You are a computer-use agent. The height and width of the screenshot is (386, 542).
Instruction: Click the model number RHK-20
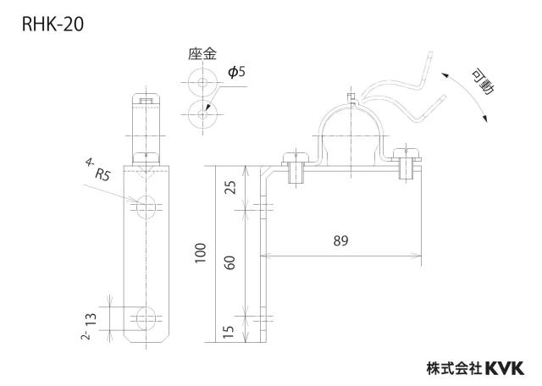tap(53, 25)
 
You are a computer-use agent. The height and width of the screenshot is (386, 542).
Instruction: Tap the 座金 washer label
tap(202, 54)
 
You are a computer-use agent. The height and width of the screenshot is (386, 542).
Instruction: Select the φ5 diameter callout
tap(237, 72)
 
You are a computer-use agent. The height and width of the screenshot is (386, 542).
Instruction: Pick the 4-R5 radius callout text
tap(97, 169)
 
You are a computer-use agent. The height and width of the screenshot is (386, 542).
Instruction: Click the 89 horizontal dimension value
tap(340, 241)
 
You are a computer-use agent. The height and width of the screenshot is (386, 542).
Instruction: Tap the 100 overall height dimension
tap(201, 253)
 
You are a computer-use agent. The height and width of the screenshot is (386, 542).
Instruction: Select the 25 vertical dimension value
tap(230, 187)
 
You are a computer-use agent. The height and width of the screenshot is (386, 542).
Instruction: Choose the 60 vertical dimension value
tap(230, 262)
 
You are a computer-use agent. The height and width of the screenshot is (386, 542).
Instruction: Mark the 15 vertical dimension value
tap(229, 332)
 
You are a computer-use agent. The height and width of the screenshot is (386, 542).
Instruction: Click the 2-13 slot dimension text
tap(89, 326)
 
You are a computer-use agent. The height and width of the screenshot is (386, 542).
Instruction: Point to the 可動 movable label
tap(483, 82)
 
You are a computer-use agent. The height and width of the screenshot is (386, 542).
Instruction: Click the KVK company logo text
tap(505, 368)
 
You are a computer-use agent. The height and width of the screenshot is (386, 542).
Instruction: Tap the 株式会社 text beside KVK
tap(455, 368)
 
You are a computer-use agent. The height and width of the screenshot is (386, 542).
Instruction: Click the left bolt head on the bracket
tap(296, 157)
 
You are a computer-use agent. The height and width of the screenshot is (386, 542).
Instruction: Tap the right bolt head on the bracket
tap(406, 154)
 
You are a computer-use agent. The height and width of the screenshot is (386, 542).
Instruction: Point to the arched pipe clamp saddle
tap(350, 107)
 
